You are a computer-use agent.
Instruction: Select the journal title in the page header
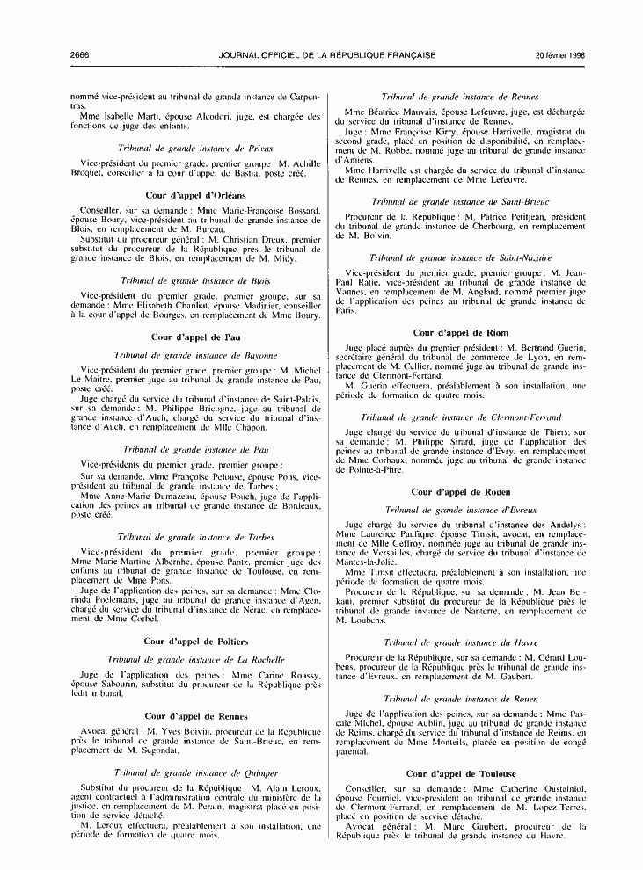coord(326,55)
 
